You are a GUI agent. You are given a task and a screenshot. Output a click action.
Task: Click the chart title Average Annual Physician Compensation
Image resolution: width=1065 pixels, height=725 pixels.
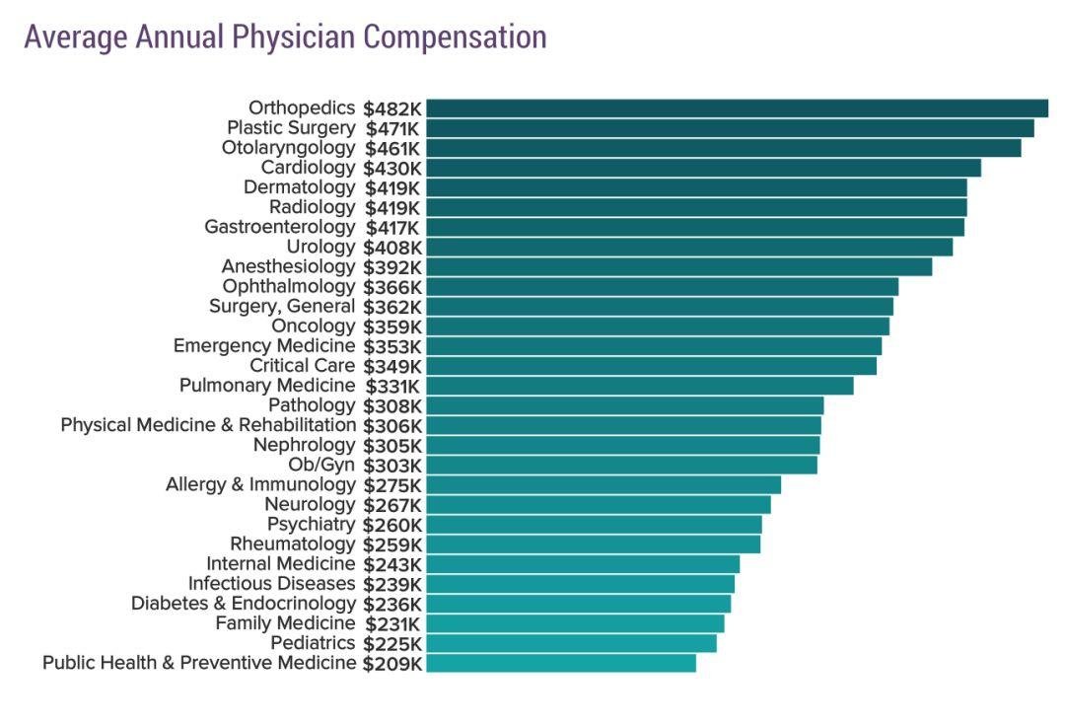point(285,37)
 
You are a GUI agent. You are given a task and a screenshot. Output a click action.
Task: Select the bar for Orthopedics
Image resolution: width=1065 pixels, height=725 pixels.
point(737,109)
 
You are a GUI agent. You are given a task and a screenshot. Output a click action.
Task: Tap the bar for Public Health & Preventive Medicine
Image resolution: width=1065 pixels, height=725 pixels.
point(561,663)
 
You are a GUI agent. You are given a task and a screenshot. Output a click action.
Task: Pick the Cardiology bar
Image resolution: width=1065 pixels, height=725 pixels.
point(703,168)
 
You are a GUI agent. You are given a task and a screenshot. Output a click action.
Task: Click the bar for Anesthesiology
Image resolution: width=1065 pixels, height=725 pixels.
point(678,266)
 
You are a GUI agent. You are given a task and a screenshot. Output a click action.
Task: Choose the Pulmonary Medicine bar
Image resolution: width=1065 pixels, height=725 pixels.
point(639,386)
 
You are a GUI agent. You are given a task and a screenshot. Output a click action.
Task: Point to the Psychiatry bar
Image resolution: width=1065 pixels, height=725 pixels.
point(594,524)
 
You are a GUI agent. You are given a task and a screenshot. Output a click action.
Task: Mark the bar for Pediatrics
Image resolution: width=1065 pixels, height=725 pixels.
point(571,643)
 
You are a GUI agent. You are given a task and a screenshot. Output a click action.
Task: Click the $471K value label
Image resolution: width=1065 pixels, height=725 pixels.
point(392,128)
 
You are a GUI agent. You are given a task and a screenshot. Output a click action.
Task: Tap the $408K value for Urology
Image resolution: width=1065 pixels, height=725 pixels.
point(392,247)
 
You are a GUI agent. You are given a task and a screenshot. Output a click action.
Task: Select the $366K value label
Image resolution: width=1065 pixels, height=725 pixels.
point(392,286)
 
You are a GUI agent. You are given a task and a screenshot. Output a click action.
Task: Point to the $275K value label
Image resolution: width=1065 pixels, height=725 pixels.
point(392,484)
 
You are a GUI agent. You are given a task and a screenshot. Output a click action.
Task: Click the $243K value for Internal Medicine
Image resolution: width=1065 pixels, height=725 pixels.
point(392,564)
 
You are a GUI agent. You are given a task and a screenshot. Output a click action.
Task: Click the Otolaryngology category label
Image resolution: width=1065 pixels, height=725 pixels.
point(288,148)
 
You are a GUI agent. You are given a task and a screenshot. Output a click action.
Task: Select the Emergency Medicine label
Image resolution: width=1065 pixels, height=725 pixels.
point(263,346)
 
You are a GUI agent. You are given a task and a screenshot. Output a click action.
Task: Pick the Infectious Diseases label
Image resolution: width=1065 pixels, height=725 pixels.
point(271,584)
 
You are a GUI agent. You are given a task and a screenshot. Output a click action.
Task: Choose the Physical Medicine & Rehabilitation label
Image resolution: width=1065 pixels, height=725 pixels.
point(208,425)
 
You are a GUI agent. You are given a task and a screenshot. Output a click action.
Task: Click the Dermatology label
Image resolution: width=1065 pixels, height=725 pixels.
point(299,187)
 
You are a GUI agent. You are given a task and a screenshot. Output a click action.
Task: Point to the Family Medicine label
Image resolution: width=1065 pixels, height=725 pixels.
point(285,623)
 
